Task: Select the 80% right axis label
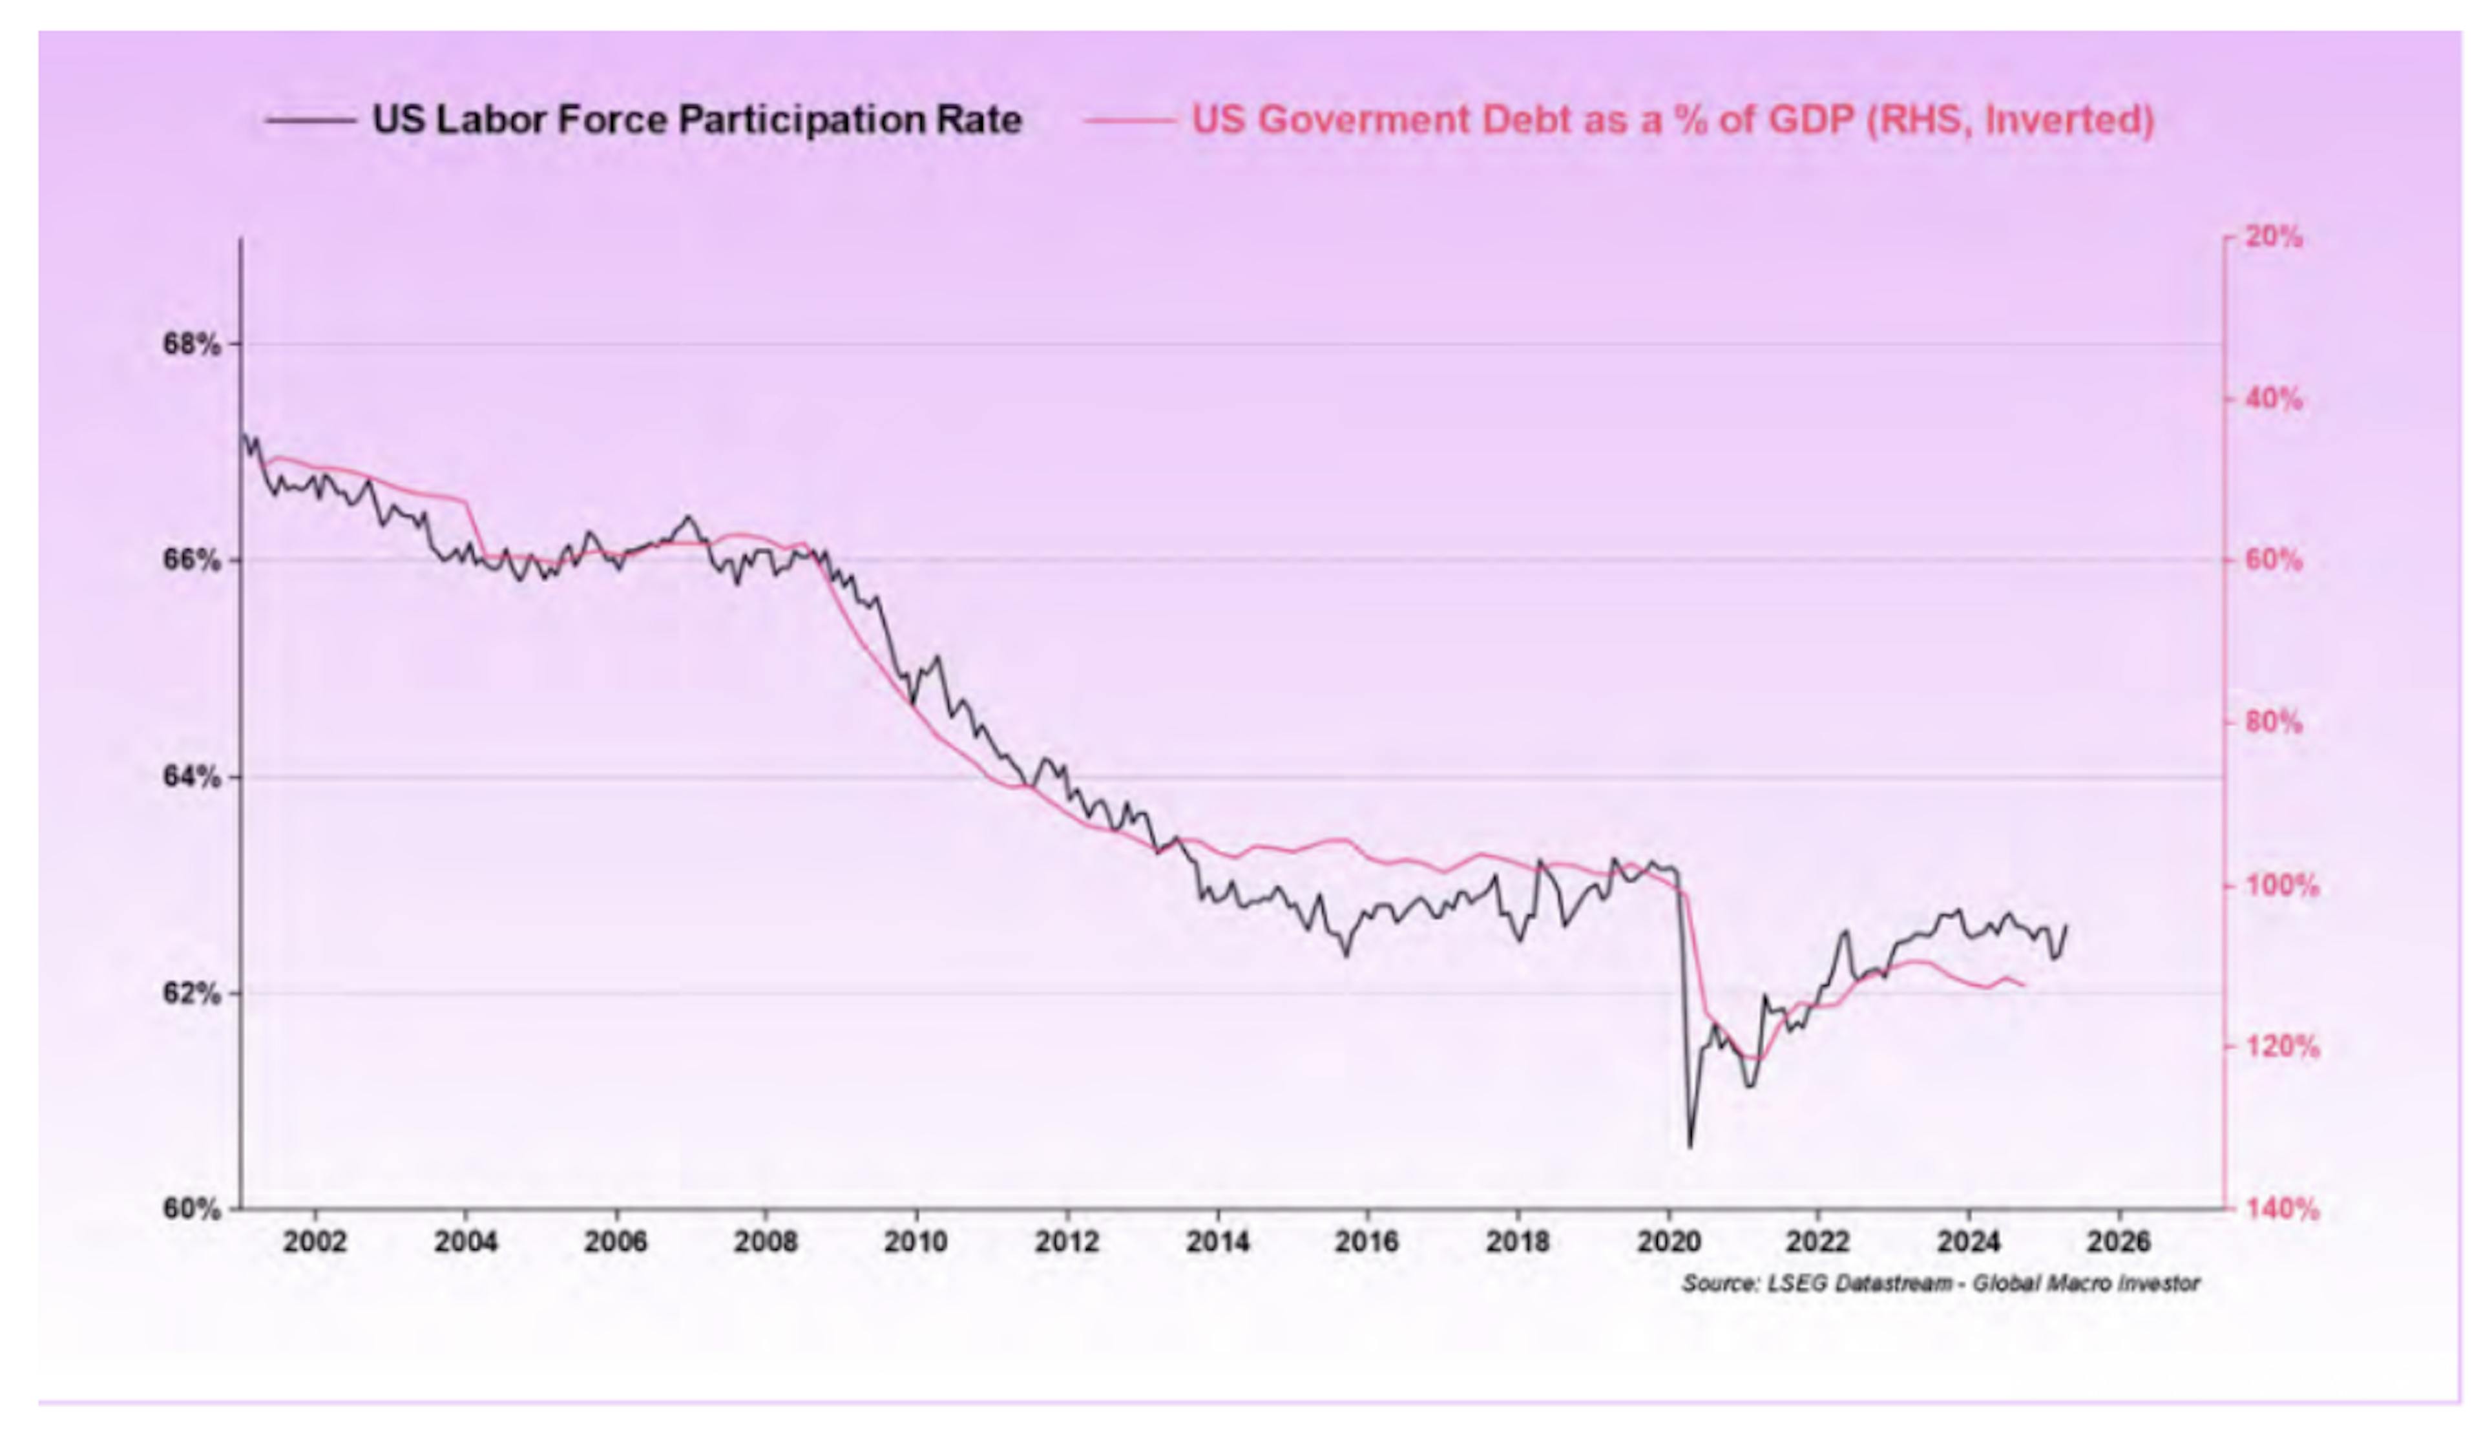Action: [x=2274, y=723]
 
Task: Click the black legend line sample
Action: [x=310, y=121]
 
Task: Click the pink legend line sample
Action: [x=1129, y=121]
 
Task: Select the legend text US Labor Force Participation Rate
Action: [x=697, y=120]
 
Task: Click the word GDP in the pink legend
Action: [x=1810, y=120]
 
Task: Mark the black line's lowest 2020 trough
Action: [x=1690, y=1146]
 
